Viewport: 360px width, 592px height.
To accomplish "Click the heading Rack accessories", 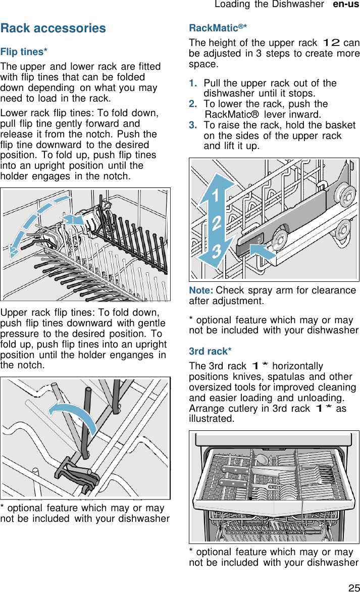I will click(x=53, y=28).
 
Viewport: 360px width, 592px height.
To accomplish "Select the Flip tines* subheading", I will click(x=24, y=52).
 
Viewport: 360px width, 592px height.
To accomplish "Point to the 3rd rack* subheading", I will click(x=210, y=351).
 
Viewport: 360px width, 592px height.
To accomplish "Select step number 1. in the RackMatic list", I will click(x=193, y=83).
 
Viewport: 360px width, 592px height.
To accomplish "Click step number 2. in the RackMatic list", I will click(x=193, y=104).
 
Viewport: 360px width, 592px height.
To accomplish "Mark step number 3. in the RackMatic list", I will click(x=193, y=125).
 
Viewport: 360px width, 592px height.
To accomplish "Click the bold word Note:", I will click(x=200, y=290).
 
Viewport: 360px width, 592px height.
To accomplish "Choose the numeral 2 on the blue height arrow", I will click(x=217, y=223).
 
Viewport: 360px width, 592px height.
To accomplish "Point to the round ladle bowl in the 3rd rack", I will click(x=262, y=459).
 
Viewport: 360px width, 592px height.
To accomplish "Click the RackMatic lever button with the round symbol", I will click(x=252, y=241).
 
